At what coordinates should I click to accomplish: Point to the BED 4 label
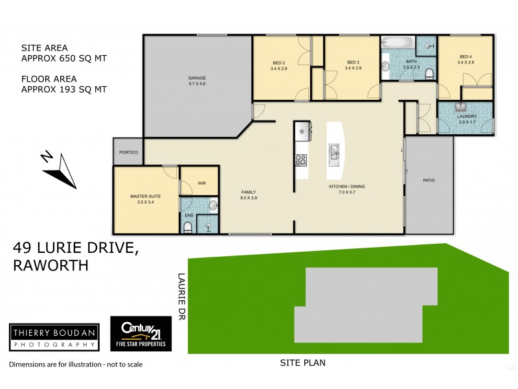point(466,59)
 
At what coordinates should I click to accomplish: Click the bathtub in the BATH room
point(396,43)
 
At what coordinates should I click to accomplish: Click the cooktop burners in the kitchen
point(301,159)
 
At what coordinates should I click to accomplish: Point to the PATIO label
point(428,180)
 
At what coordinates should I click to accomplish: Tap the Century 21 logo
point(141,335)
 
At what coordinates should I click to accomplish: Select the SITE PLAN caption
point(302,363)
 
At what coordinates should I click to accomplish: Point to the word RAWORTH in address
point(50,265)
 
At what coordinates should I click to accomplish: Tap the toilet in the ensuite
point(188,226)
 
